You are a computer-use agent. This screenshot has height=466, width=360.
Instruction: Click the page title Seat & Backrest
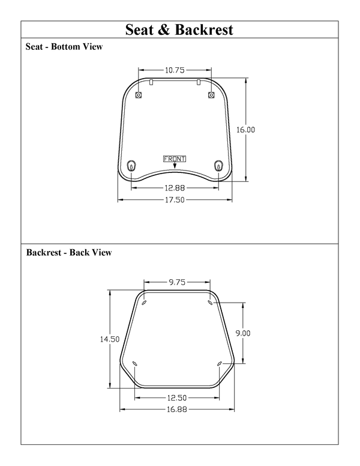179,29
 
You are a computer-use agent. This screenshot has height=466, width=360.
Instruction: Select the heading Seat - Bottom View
64,47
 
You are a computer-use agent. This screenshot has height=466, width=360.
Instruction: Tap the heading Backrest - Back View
69,253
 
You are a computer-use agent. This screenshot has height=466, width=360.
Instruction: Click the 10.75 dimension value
175,70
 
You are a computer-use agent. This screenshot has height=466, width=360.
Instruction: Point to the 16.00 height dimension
245,130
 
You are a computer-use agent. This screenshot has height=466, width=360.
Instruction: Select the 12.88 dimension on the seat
175,187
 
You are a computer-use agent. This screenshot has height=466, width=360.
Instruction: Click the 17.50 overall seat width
175,200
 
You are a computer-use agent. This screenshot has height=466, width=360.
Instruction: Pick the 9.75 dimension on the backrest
177,281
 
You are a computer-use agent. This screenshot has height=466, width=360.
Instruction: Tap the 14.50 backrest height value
110,339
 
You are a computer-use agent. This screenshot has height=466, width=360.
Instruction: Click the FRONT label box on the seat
175,159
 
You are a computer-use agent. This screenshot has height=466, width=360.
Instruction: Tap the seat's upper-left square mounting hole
139,95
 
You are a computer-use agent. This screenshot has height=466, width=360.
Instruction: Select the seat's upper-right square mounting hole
211,95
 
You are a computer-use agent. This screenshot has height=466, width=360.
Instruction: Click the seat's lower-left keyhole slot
132,166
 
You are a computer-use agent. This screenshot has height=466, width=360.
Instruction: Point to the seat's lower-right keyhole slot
218,166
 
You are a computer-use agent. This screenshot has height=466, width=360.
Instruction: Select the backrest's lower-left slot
134,363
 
